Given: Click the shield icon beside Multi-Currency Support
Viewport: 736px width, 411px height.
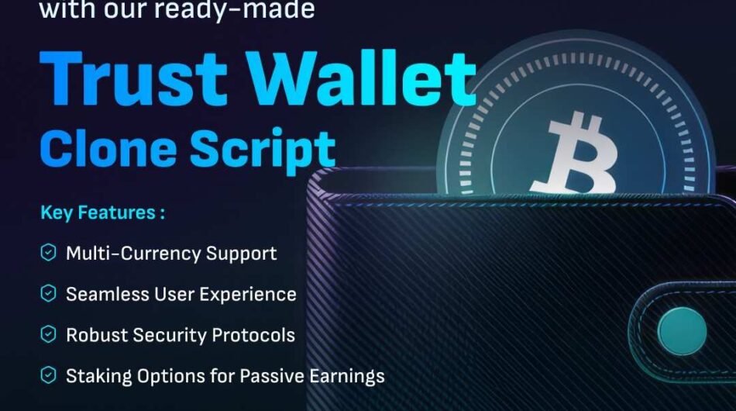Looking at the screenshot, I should coord(49,253).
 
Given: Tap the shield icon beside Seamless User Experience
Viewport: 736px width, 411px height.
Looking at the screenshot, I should coord(49,294).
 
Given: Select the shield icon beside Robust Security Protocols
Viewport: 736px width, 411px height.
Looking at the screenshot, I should coord(49,335).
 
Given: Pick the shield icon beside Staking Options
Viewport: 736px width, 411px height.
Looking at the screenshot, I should coord(49,376).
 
